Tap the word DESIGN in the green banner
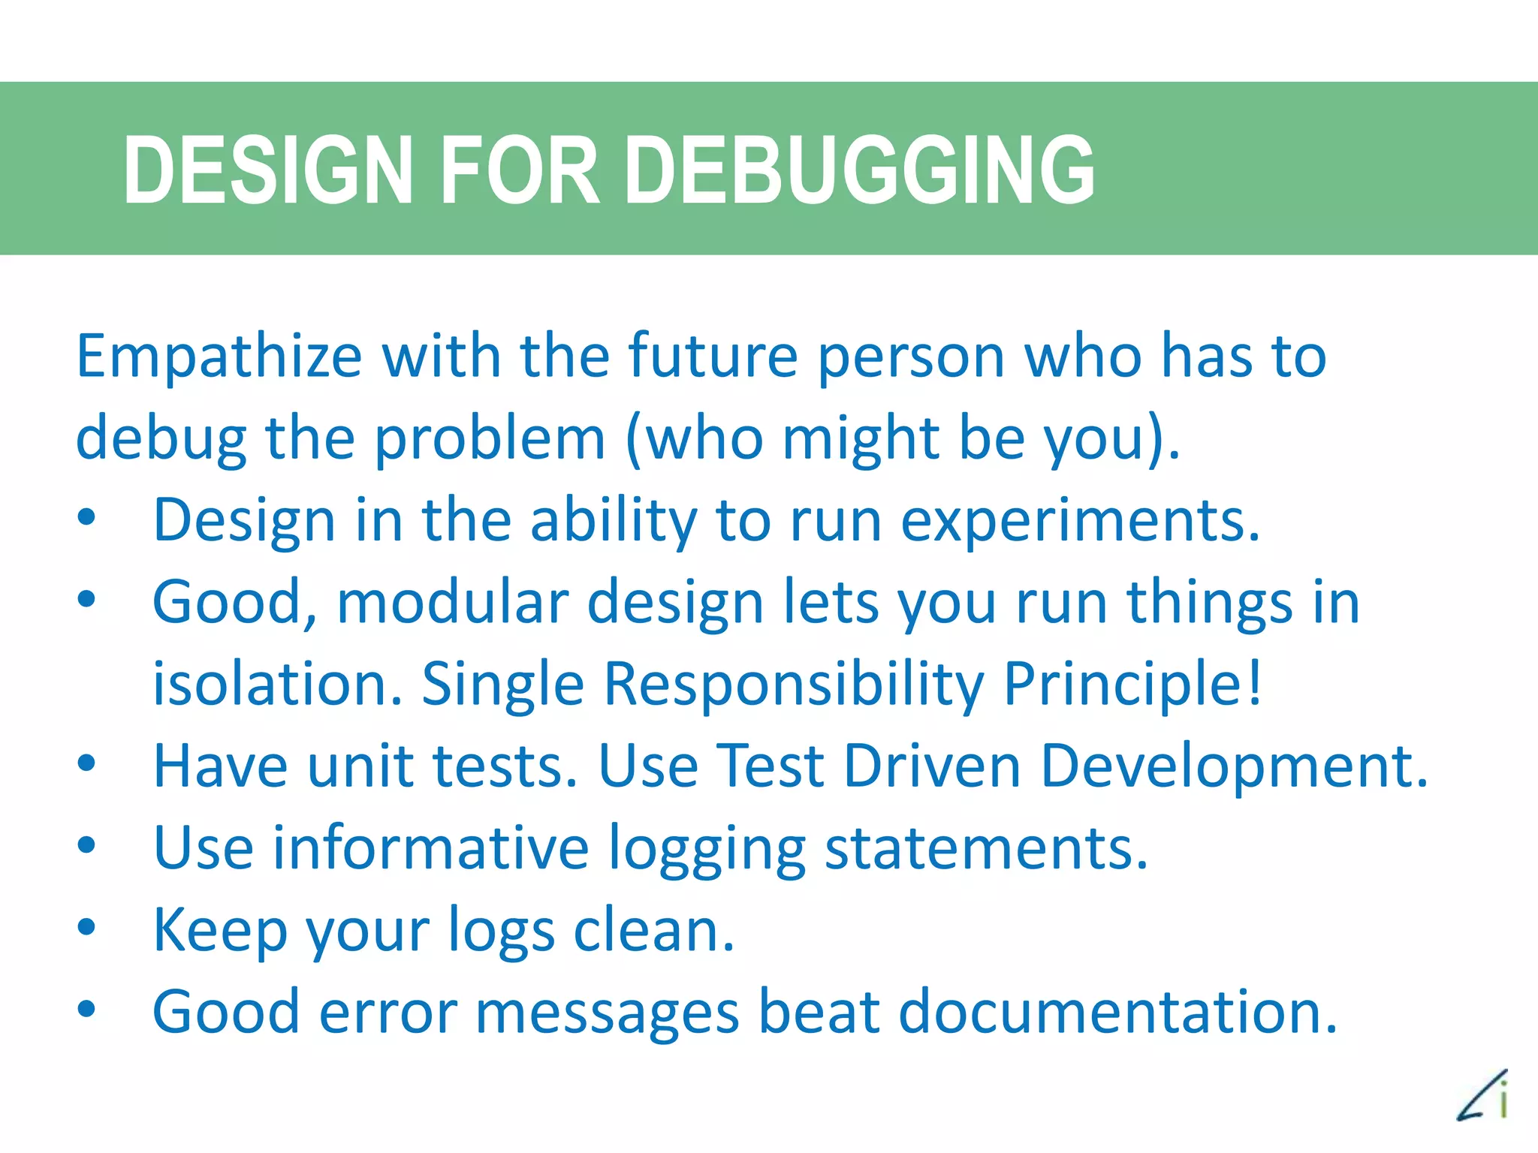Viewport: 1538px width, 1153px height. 268,170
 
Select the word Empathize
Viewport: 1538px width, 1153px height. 219,357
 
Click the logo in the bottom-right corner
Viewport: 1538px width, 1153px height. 1482,1096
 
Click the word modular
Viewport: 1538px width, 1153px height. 452,603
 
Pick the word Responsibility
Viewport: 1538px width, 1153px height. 794,685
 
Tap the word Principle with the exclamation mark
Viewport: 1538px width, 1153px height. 1132,685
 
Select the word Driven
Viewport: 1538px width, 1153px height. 932,766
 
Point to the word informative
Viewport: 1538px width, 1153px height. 430,848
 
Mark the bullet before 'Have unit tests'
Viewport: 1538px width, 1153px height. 86,763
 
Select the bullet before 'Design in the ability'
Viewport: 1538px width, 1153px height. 86,517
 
